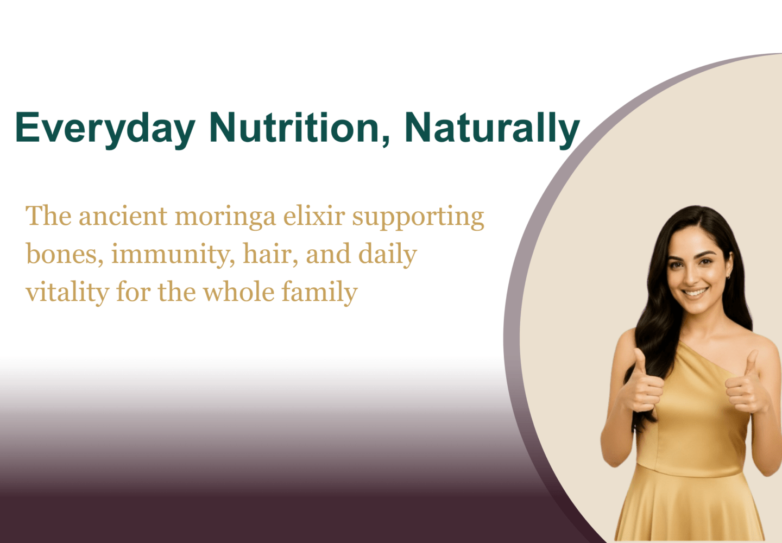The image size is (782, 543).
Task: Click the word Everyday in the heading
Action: click(x=105, y=130)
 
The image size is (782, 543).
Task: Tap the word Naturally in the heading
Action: click(x=492, y=130)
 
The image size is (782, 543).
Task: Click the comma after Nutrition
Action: click(x=386, y=140)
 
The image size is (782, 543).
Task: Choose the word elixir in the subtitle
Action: click(x=314, y=216)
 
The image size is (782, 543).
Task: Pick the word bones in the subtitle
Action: click(x=65, y=254)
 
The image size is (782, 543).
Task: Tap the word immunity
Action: click(x=173, y=255)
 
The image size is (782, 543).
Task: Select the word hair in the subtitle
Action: click(x=270, y=254)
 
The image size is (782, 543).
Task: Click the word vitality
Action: click(x=67, y=293)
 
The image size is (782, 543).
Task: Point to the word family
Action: click(x=319, y=293)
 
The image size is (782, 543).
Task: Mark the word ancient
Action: click(x=123, y=216)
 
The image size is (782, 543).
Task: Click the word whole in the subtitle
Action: click(x=239, y=292)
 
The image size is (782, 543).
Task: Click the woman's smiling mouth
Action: click(x=695, y=292)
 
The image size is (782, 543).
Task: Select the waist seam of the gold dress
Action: click(x=690, y=471)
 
